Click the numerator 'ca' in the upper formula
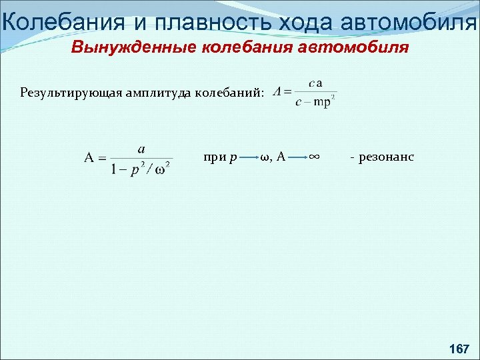tap(316, 83)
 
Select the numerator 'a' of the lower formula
tap(141, 149)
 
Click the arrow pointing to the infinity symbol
tap(297, 158)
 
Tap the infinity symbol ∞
tap(315, 157)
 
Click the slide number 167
tap(459, 348)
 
